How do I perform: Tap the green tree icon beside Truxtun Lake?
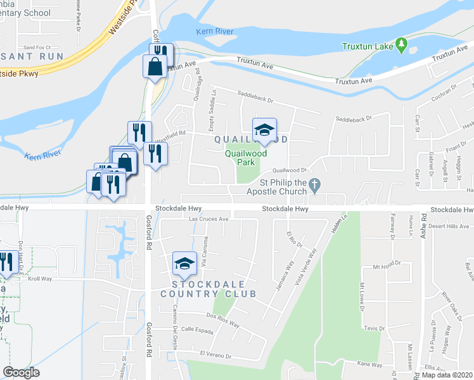[400, 44]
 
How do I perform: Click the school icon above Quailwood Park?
[264, 130]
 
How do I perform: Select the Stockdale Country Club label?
[208, 289]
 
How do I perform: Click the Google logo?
[21, 372]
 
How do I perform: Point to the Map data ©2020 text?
[447, 375]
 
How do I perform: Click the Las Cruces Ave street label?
[209, 219]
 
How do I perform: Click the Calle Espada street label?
[196, 329]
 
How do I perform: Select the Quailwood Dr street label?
[289, 170]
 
